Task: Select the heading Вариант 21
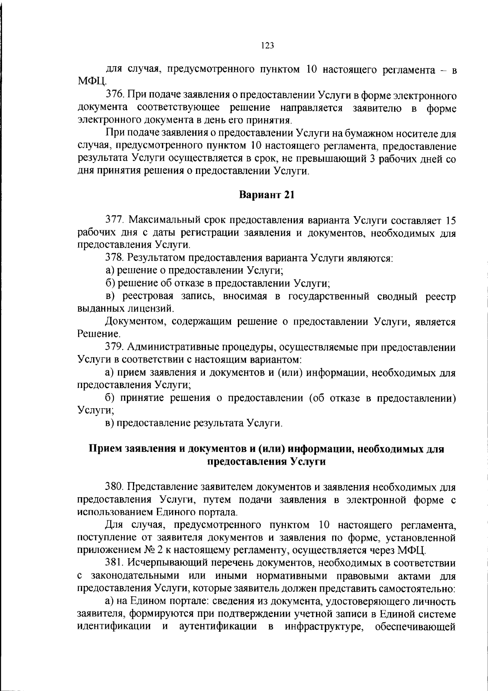[266, 195]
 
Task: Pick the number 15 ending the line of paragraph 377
[450, 221]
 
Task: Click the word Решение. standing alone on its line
[93, 335]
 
